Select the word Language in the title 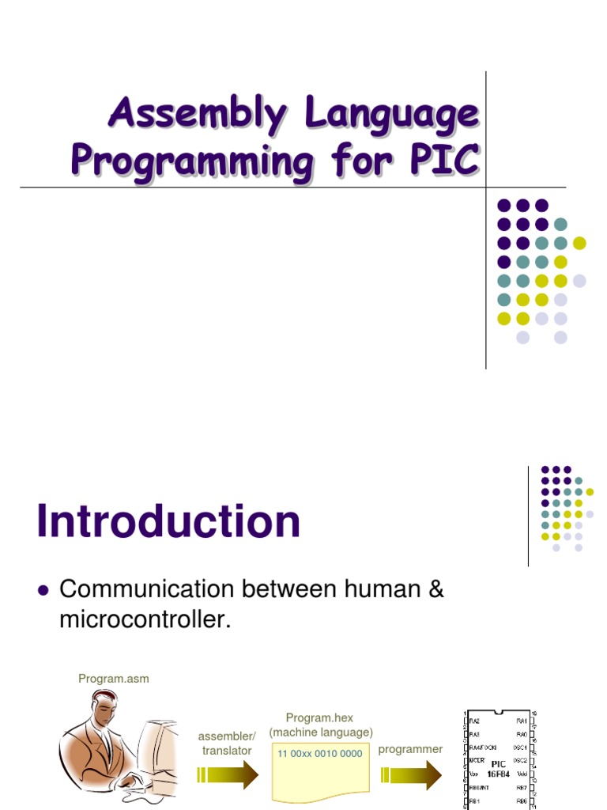pyautogui.click(x=393, y=115)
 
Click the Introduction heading pyautogui.click(x=168, y=522)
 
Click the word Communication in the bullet pyautogui.click(x=147, y=589)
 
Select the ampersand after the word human pyautogui.click(x=434, y=589)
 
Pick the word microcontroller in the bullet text pyautogui.click(x=144, y=620)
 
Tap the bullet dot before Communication pyautogui.click(x=43, y=590)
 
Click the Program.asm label pyautogui.click(x=113, y=679)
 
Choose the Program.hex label pyautogui.click(x=320, y=718)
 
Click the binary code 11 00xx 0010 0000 pyautogui.click(x=320, y=753)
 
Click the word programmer pyautogui.click(x=410, y=749)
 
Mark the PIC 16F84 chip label pyautogui.click(x=499, y=769)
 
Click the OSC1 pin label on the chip pyautogui.click(x=521, y=746)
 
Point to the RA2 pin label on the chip pyautogui.click(x=474, y=721)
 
